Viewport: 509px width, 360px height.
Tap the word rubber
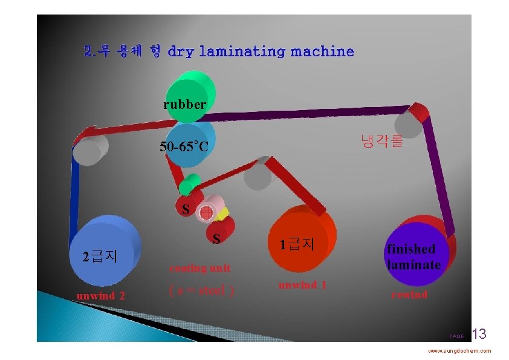184,105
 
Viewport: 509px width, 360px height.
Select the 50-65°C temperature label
184,146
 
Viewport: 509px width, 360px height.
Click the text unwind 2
100,296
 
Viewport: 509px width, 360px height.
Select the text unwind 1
302,285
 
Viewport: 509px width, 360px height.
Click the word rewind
409,295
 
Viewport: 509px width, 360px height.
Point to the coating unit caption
199,268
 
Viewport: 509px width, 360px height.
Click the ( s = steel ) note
201,291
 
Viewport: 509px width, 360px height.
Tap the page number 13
479,333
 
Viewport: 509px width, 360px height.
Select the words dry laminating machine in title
261,51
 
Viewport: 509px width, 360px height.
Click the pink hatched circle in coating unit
207,212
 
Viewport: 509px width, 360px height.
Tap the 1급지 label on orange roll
297,244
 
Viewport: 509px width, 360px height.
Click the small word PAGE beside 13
456,336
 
